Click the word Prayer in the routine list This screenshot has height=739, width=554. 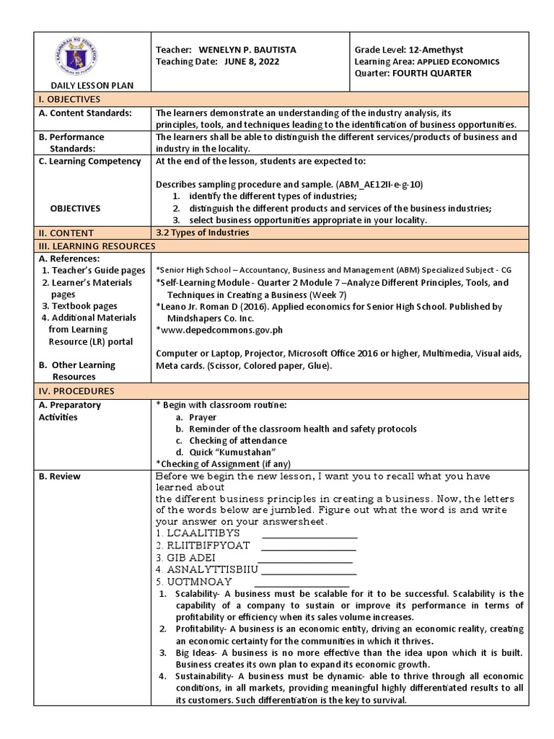point(203,417)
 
